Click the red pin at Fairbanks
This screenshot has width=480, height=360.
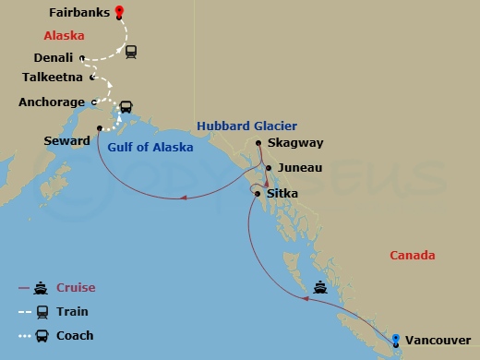[x=119, y=12]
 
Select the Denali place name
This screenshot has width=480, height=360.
[x=53, y=57]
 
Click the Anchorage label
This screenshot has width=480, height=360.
[x=52, y=102]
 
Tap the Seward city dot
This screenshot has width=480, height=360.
[x=100, y=128]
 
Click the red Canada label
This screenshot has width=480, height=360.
[x=412, y=256]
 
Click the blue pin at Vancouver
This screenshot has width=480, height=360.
[x=395, y=339]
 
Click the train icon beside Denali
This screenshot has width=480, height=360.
[x=131, y=53]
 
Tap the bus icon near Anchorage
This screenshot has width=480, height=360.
[x=126, y=106]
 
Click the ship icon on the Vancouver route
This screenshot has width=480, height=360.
[x=319, y=286]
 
